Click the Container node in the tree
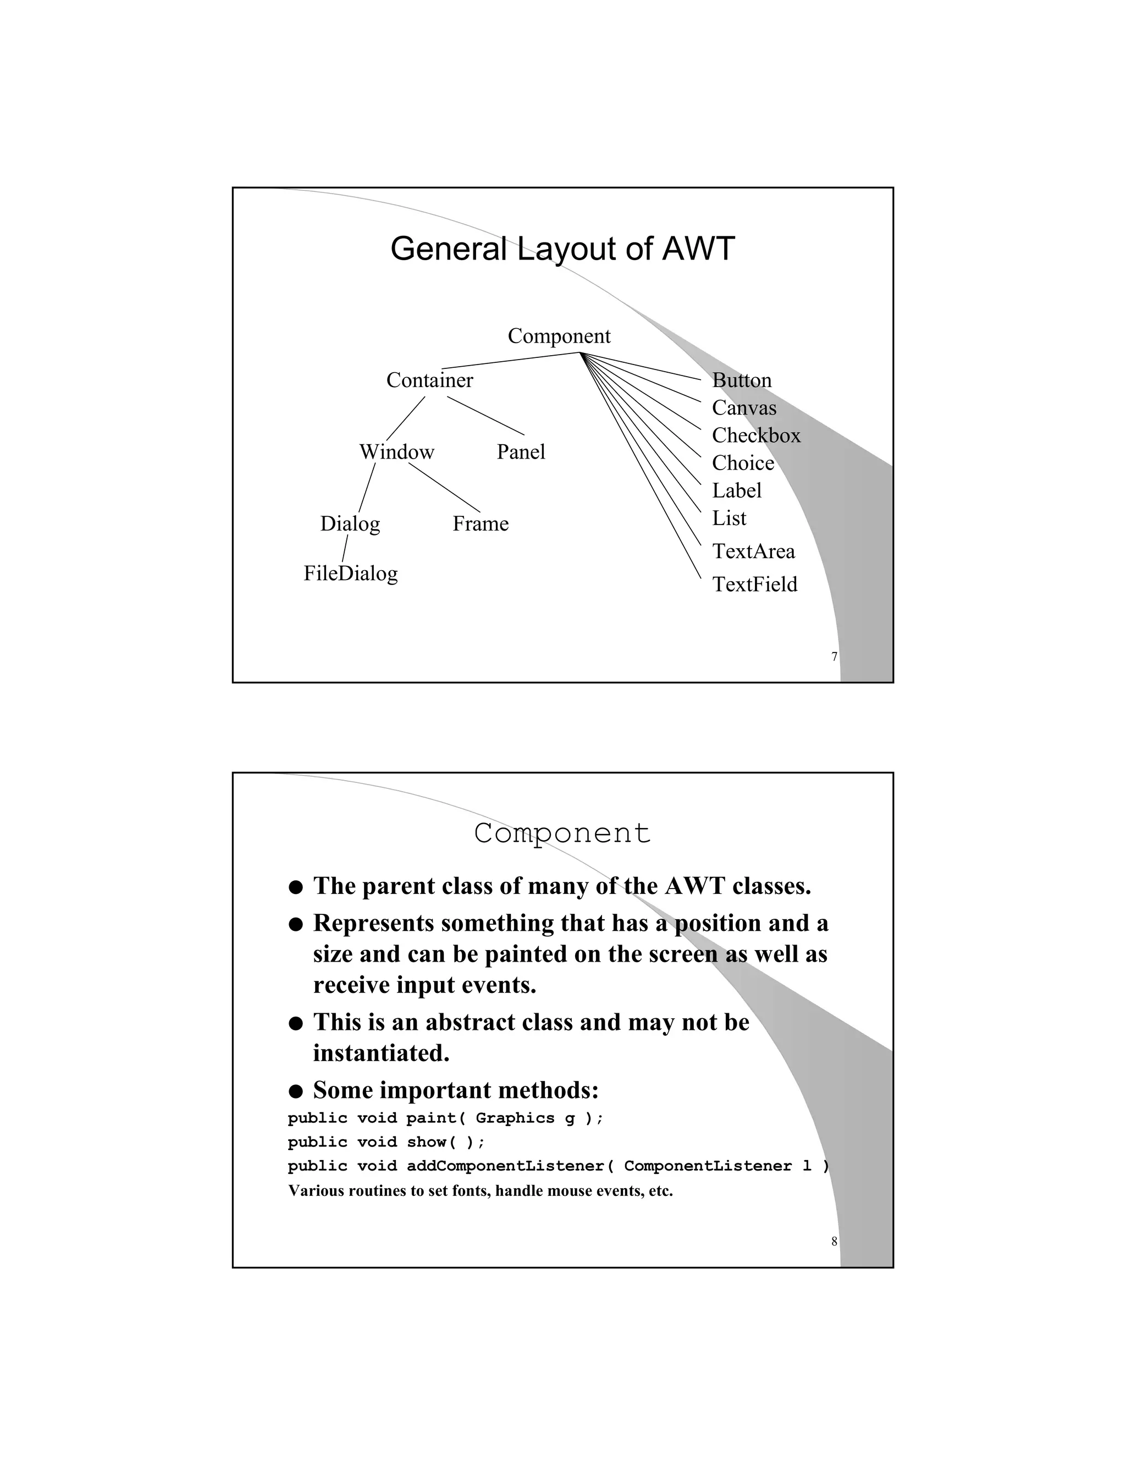429,380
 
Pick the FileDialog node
350,573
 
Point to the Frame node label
481,523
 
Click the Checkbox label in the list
756,435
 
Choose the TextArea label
753,551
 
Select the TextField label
754,584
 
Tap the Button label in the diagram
741,380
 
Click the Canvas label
744,407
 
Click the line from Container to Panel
485,416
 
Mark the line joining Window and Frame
444,488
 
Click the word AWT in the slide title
698,249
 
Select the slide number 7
834,657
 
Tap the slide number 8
834,1242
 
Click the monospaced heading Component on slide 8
562,833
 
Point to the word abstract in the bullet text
504,1023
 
